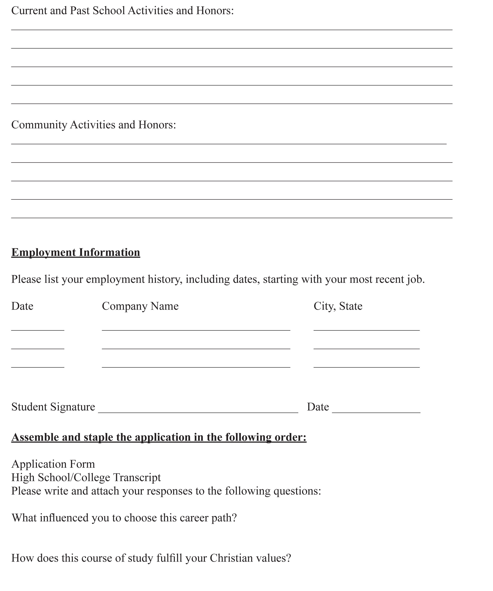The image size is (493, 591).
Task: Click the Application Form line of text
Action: (53, 464)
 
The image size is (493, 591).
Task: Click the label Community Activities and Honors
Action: (94, 125)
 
